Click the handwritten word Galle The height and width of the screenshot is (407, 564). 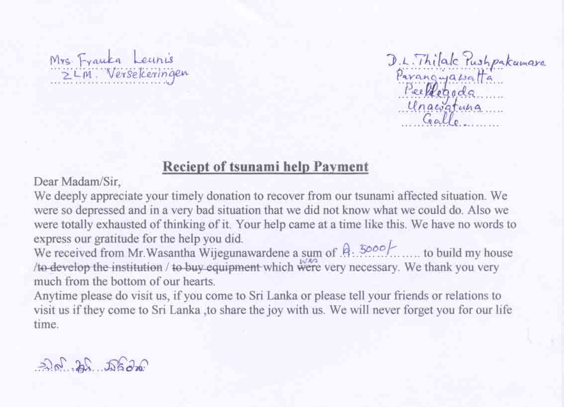[x=440, y=119]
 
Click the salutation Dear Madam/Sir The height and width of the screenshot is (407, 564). [x=77, y=181]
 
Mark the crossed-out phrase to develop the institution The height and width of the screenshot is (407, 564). [x=99, y=267]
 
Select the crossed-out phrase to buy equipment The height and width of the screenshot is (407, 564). [x=216, y=267]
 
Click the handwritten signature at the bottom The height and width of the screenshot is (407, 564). [x=92, y=367]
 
